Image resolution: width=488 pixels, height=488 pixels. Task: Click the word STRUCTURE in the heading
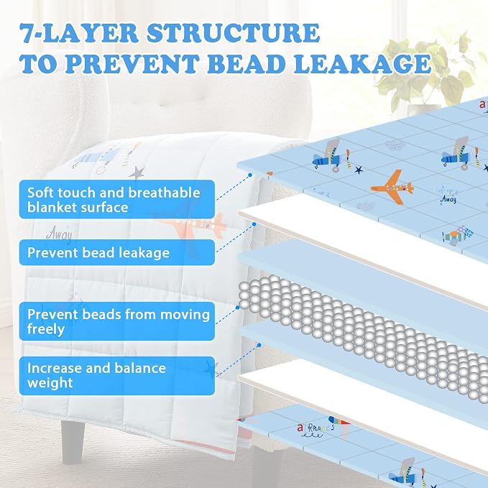233,32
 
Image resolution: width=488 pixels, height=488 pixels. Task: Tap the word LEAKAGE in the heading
362,64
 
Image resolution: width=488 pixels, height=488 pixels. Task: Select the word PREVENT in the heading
132,64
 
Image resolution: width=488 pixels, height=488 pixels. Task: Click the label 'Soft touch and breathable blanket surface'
114,200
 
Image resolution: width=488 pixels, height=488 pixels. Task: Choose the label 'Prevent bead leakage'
98,253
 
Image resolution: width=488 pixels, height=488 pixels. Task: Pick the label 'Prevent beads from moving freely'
119,321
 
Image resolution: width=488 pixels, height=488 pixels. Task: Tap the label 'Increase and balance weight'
96,375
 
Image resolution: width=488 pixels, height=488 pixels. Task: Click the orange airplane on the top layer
392,188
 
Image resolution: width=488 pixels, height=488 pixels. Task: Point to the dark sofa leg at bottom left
73,441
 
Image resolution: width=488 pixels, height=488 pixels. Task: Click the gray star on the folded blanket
137,172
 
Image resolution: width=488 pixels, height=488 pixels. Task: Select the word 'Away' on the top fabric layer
448,199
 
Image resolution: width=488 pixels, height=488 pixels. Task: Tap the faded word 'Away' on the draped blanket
59,234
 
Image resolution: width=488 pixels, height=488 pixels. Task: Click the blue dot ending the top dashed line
250,175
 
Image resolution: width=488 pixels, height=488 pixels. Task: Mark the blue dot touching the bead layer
237,308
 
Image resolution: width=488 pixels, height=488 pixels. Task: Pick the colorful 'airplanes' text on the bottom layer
316,428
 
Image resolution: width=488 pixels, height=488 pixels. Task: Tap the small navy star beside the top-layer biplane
359,170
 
